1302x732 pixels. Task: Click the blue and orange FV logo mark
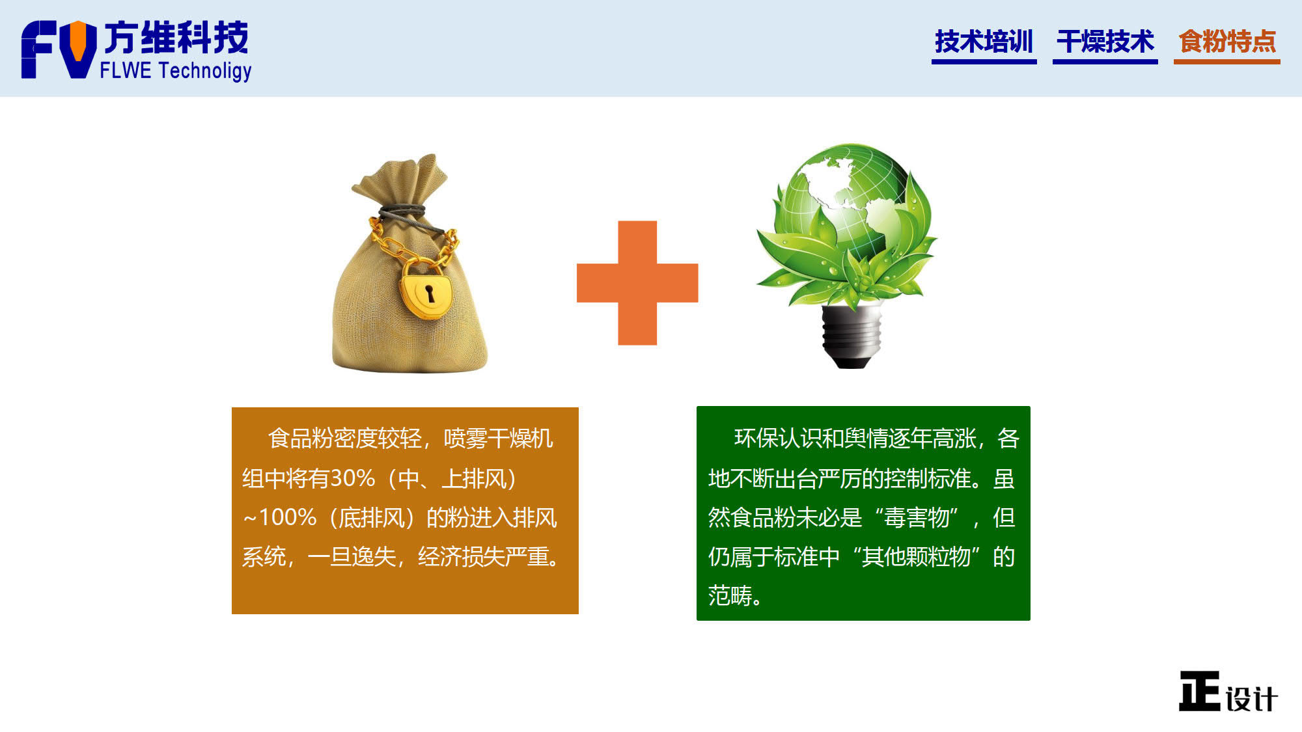(59, 49)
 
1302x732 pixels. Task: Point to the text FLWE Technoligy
(175, 70)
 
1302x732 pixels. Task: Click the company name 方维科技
(176, 37)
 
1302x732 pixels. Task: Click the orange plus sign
(637, 282)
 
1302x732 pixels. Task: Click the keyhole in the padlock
(430, 293)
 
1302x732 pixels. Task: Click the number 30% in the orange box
(352, 479)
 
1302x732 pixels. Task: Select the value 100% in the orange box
(288, 518)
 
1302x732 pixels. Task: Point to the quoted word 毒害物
(917, 518)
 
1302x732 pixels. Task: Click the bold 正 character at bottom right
(1200, 691)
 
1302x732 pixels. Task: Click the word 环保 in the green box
(756, 439)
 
